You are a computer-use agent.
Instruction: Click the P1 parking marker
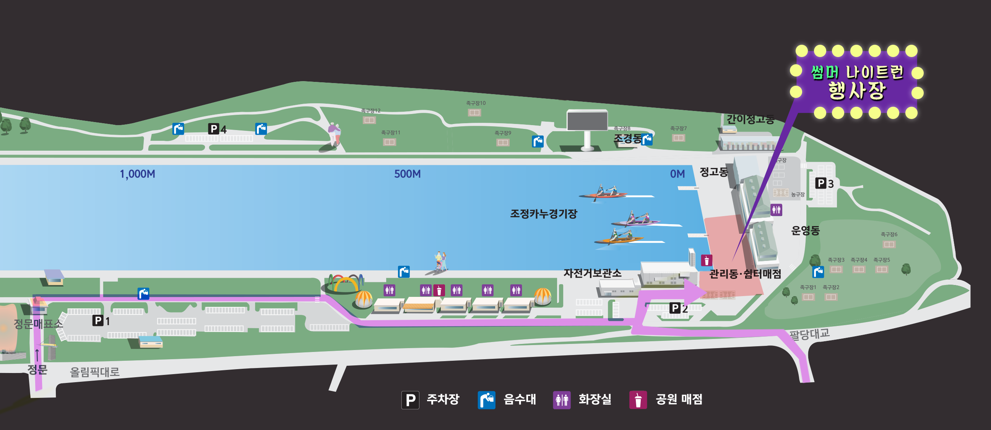101,321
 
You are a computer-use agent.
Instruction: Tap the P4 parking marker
218,129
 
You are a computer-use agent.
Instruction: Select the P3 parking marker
824,183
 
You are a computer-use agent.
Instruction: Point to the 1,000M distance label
137,174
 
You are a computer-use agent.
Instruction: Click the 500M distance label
408,174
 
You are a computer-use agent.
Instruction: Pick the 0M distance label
677,174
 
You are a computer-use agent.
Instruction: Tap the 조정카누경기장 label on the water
544,213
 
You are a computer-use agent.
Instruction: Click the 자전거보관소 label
592,273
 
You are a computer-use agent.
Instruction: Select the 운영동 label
805,231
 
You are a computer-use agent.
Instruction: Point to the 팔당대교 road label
809,334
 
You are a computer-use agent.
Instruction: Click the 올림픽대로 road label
95,372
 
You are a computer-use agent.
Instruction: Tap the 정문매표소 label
38,324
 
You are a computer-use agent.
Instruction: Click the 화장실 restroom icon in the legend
562,400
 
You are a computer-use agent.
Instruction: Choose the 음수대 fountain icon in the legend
486,400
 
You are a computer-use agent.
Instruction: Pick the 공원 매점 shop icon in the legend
638,400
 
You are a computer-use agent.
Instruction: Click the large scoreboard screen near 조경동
587,120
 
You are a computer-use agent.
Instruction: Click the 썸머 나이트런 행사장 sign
857,81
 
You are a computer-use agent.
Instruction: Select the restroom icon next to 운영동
777,210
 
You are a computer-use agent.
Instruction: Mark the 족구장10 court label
476,103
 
